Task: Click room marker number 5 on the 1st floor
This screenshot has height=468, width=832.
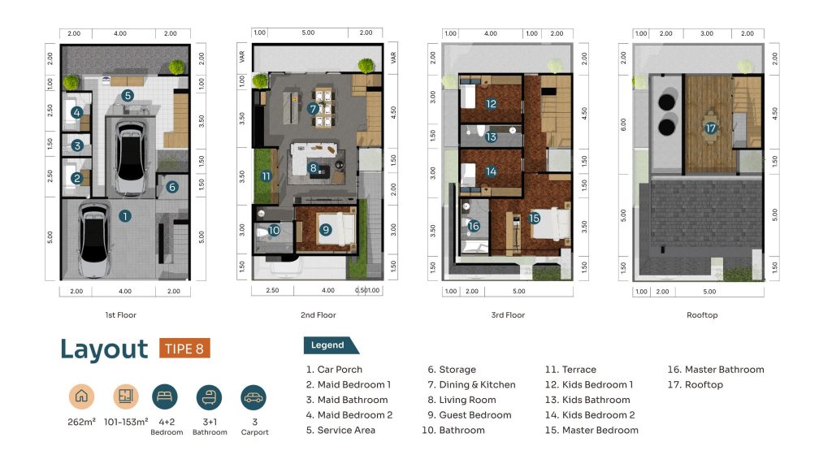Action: pyautogui.click(x=127, y=96)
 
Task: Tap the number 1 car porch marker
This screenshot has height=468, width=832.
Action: pyautogui.click(x=124, y=216)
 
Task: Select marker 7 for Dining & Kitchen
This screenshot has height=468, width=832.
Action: pyautogui.click(x=313, y=109)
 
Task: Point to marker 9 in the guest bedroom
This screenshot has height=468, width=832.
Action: pyautogui.click(x=325, y=230)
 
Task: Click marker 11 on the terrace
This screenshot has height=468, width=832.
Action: pyautogui.click(x=266, y=176)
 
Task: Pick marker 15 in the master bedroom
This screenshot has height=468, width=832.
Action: pyautogui.click(x=534, y=218)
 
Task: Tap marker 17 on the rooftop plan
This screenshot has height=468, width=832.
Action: pyautogui.click(x=710, y=128)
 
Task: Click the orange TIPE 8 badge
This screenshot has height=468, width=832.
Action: pyautogui.click(x=184, y=349)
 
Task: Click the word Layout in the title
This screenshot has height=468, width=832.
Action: pyautogui.click(x=104, y=349)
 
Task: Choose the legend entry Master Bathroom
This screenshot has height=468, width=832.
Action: pyautogui.click(x=716, y=370)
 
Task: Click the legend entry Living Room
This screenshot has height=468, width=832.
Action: pyautogui.click(x=461, y=400)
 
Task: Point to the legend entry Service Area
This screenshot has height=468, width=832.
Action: pyautogui.click(x=340, y=431)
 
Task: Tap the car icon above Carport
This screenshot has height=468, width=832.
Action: pyautogui.click(x=253, y=397)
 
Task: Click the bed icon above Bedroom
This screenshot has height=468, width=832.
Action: pyautogui.click(x=164, y=396)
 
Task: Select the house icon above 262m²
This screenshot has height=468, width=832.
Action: pyautogui.click(x=82, y=396)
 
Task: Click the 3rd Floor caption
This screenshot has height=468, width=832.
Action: pyautogui.click(x=508, y=315)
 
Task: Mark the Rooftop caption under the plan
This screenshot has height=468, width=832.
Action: pyautogui.click(x=702, y=315)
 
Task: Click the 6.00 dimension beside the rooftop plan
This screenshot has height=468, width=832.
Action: pyautogui.click(x=623, y=124)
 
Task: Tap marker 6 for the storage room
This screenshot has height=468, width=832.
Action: pyautogui.click(x=172, y=187)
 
